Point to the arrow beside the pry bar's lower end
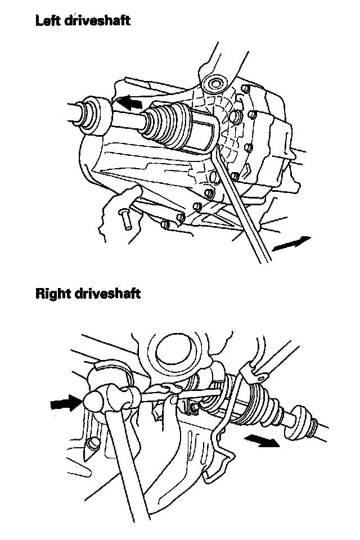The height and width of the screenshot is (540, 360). (x=291, y=244)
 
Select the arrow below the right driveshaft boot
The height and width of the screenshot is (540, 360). (x=262, y=440)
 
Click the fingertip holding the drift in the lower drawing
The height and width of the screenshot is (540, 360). (x=174, y=400)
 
